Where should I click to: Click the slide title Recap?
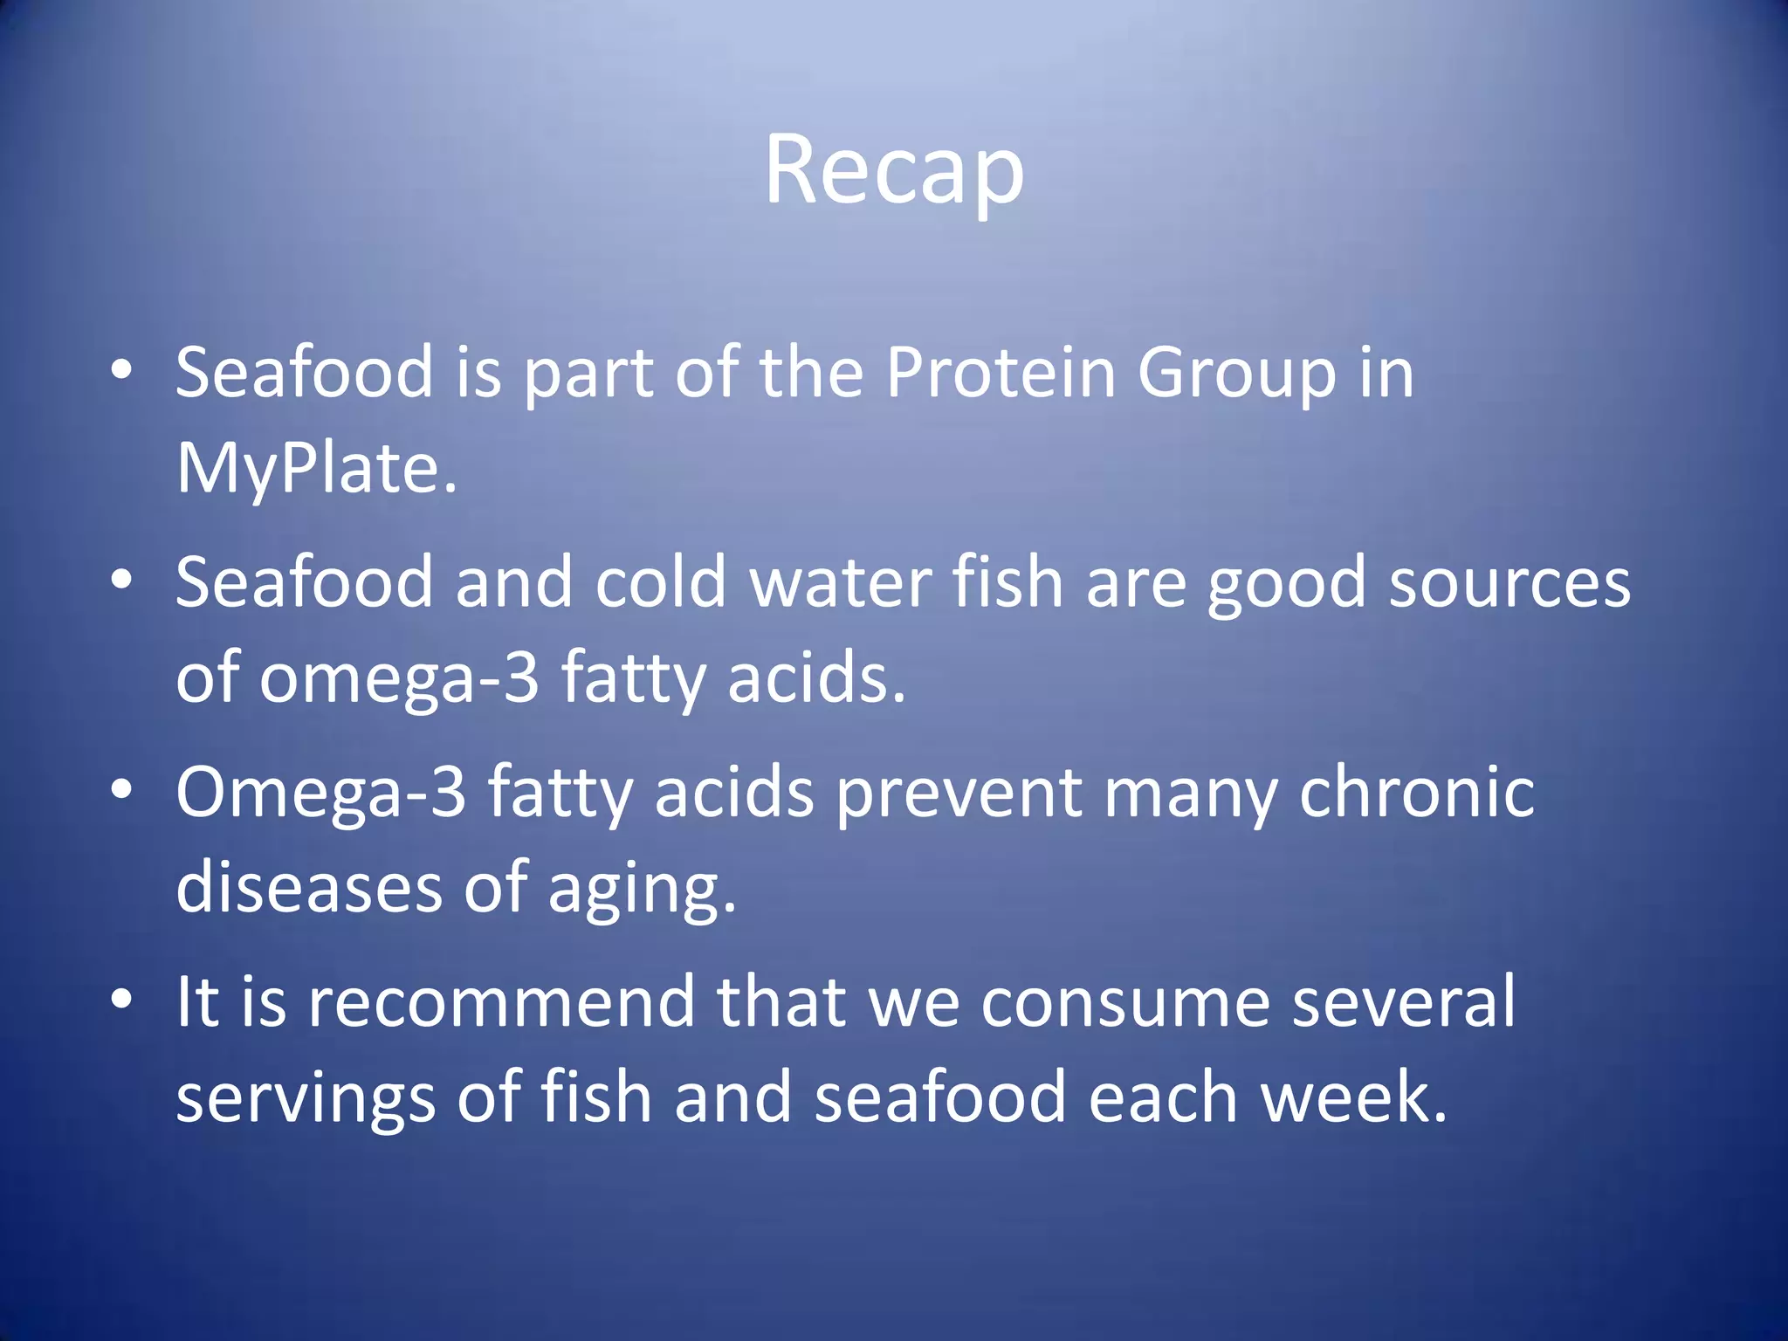pos(894,171)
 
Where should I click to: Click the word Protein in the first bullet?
pos(1001,373)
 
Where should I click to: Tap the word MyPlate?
pos(315,469)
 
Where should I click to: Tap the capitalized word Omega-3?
pos(320,793)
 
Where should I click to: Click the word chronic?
pos(1416,793)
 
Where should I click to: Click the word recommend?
pos(501,1002)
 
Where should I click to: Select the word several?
pos(1403,1002)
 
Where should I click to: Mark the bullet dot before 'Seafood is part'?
pos(122,369)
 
